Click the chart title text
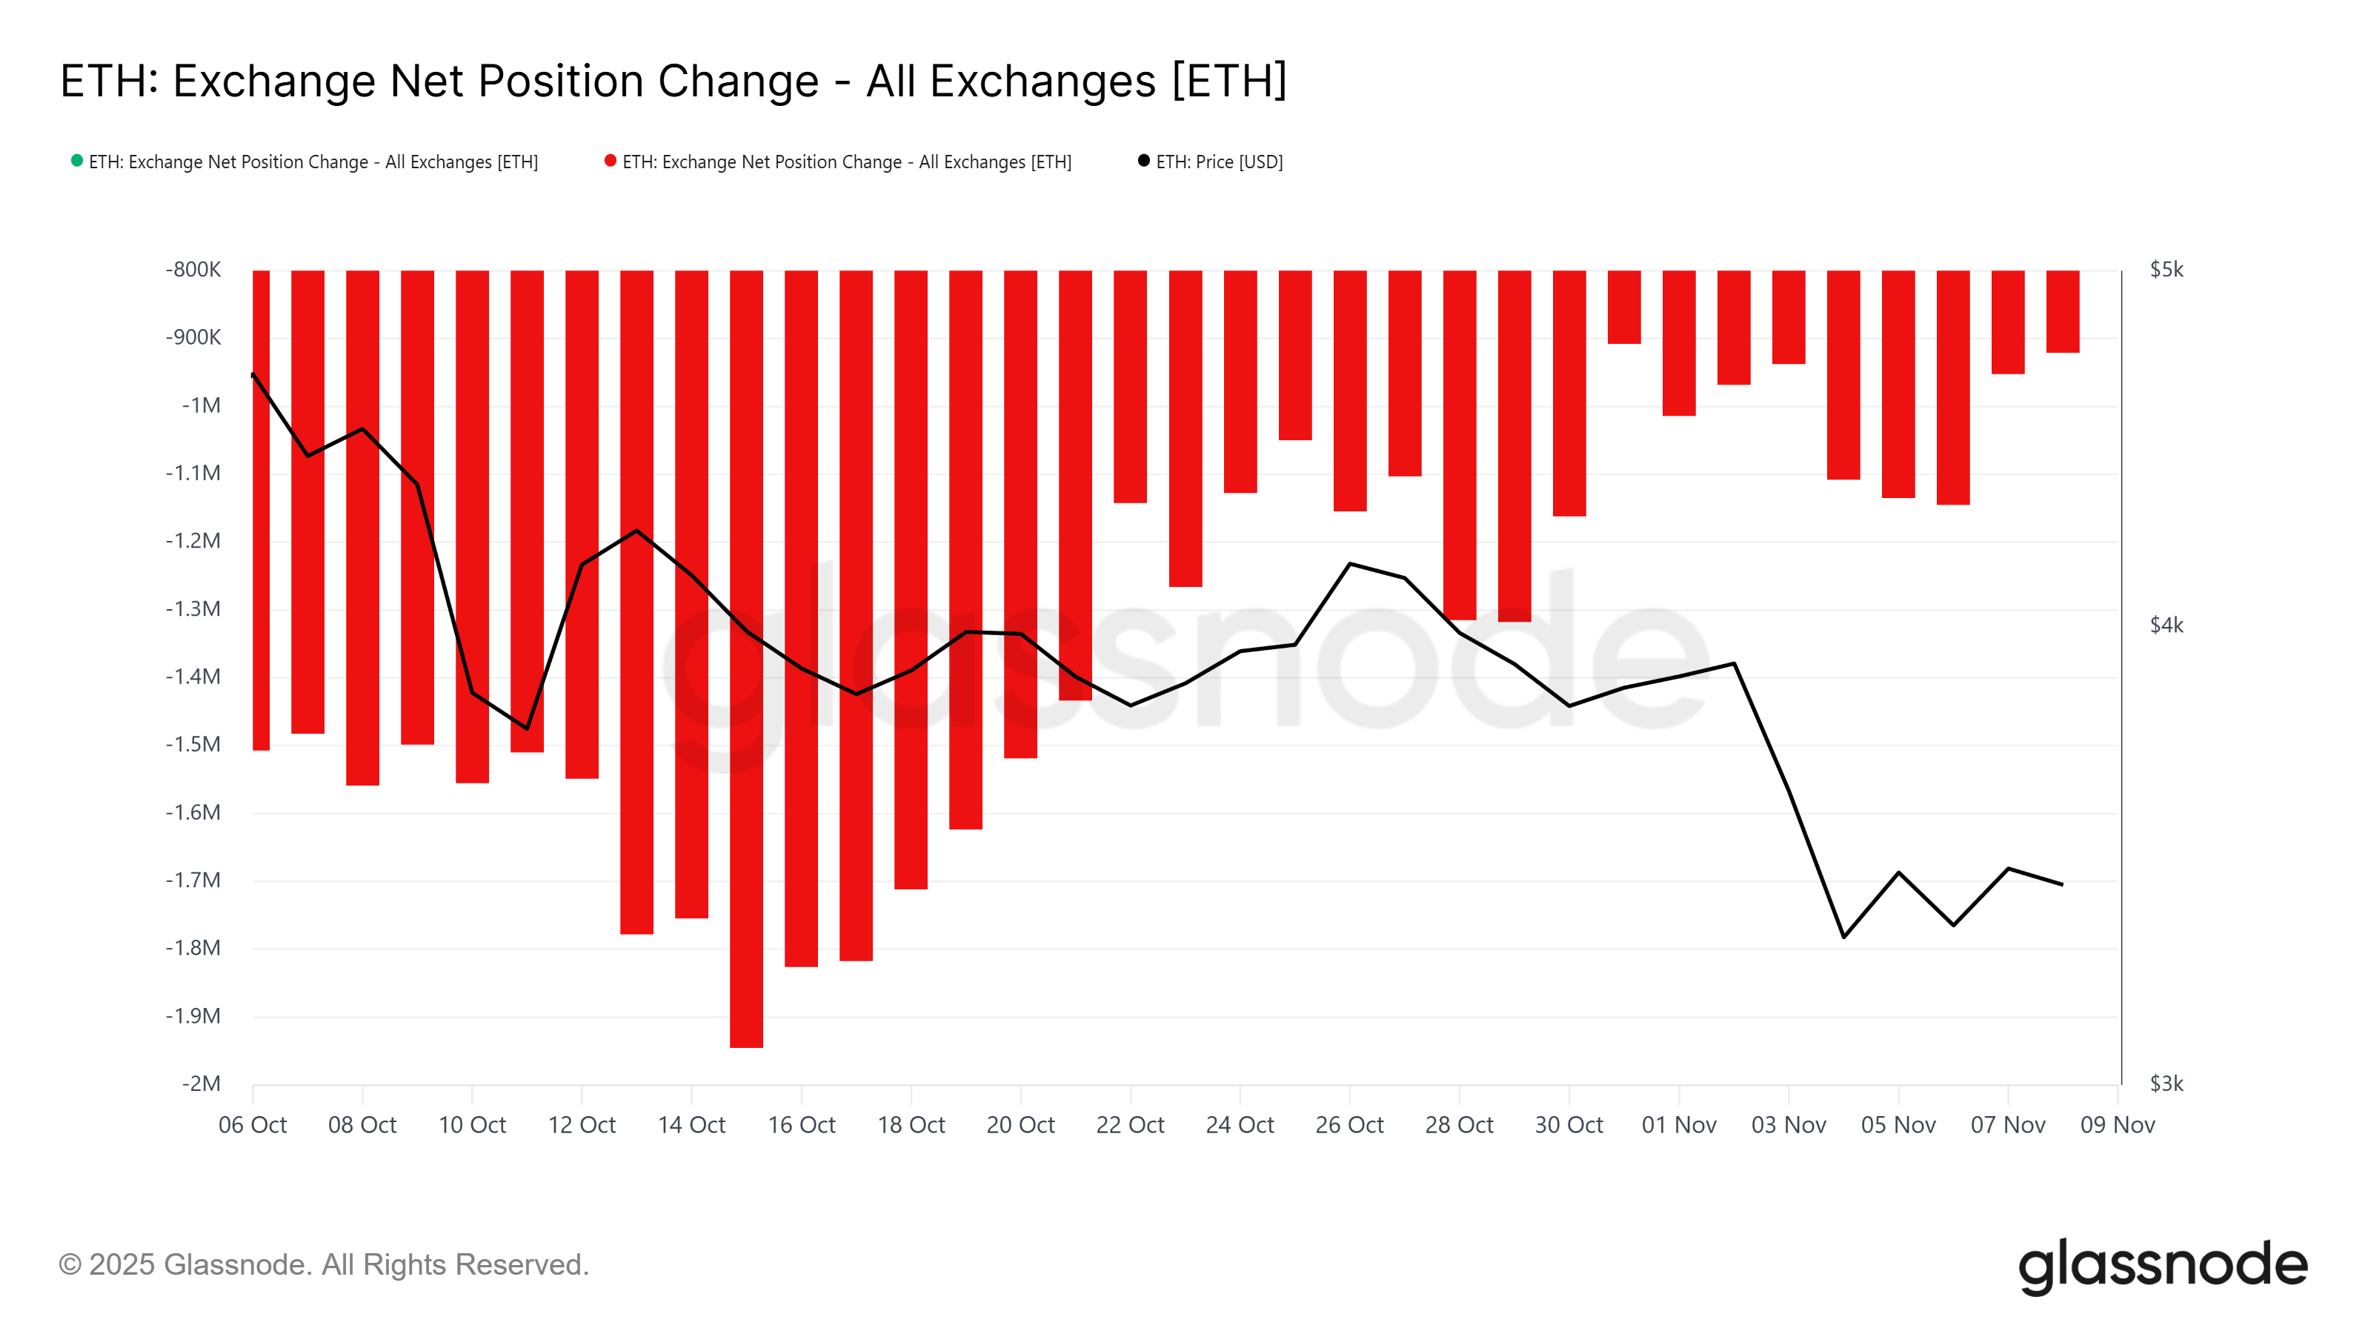point(673,81)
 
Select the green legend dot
point(77,161)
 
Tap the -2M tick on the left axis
point(201,1084)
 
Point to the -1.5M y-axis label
point(193,744)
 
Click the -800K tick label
point(193,270)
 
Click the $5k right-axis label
point(2166,270)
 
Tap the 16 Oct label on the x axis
point(801,1125)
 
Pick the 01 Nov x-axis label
point(1678,1125)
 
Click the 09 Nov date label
point(2117,1125)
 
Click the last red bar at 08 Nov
point(2063,311)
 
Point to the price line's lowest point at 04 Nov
point(1843,936)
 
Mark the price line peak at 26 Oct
point(1349,563)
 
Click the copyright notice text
point(323,1265)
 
